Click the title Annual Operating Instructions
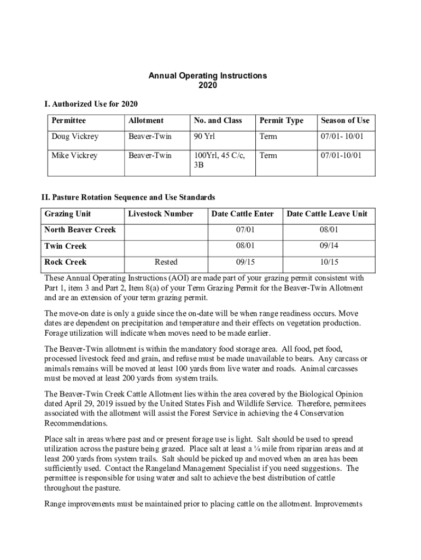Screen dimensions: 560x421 point(208,75)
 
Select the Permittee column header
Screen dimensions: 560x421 point(68,120)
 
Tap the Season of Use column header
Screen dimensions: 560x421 point(345,120)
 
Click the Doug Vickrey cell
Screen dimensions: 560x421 point(75,137)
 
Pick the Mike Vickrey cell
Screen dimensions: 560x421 point(74,155)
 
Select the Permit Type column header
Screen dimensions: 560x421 point(281,120)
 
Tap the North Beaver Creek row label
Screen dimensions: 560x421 point(80,230)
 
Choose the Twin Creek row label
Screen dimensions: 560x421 point(66,246)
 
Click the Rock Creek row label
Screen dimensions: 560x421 point(65,262)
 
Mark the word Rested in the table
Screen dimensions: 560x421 point(166,262)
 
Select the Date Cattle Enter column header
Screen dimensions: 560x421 point(243,214)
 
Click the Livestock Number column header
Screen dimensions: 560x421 point(160,214)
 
